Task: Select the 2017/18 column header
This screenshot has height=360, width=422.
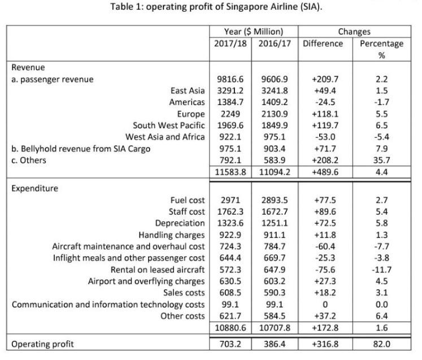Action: point(229,44)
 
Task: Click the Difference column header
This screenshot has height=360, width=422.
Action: point(323,44)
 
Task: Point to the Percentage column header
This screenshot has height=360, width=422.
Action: point(381,44)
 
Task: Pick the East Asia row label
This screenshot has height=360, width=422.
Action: point(188,89)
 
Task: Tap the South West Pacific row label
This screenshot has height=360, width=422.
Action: point(168,125)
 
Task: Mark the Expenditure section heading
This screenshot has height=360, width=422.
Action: point(35,188)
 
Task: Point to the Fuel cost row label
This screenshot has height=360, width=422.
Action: point(187,200)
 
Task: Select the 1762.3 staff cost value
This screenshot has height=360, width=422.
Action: point(229,212)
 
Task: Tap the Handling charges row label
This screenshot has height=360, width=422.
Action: point(172,235)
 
